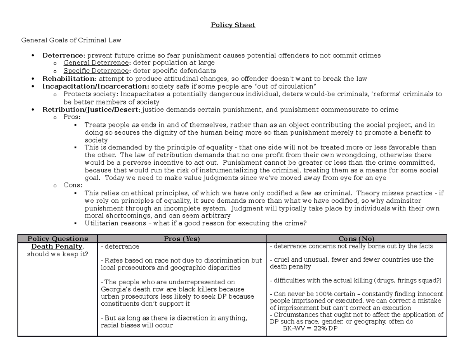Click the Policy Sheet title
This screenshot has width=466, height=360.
coord(233,25)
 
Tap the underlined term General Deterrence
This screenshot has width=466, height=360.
coord(96,63)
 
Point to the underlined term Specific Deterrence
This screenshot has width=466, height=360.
coord(96,71)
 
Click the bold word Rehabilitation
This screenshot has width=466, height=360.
coord(69,79)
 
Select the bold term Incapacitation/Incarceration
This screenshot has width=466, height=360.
coord(95,86)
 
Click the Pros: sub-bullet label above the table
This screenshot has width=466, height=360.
coord(72,117)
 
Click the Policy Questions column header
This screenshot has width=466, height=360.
coord(57,239)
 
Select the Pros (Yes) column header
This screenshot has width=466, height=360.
coord(182,239)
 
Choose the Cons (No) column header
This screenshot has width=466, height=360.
coord(356,239)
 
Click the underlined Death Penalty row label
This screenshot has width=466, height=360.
coord(57,247)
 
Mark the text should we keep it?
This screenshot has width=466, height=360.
coord(57,254)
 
